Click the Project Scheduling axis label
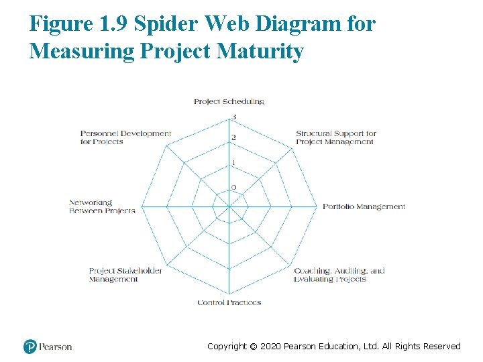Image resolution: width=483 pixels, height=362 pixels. pyautogui.click(x=229, y=101)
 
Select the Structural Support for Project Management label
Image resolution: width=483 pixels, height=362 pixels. pyautogui.click(x=335, y=137)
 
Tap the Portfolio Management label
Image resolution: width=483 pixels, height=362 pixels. pyautogui.click(x=364, y=206)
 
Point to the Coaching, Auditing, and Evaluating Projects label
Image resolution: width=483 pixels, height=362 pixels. pyautogui.click(x=339, y=275)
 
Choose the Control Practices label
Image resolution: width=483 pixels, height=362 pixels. pyautogui.click(x=229, y=302)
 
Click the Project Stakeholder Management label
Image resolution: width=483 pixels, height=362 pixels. pyautogui.click(x=125, y=275)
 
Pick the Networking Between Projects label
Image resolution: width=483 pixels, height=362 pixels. pyautogui.click(x=102, y=206)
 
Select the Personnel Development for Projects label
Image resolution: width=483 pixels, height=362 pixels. pyautogui.click(x=125, y=137)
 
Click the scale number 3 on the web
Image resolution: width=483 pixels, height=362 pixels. pyautogui.click(x=233, y=118)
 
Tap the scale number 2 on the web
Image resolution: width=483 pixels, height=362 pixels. pyautogui.click(x=233, y=138)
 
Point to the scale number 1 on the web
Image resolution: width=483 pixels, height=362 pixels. pyautogui.click(x=233, y=163)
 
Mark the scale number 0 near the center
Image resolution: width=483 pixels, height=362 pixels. pyautogui.click(x=233, y=187)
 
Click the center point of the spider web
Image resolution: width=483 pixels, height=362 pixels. pyautogui.click(x=229, y=206)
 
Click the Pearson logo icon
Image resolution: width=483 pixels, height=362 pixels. pyautogui.click(x=30, y=347)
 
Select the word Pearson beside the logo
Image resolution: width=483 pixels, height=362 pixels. pyautogui.click(x=55, y=347)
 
